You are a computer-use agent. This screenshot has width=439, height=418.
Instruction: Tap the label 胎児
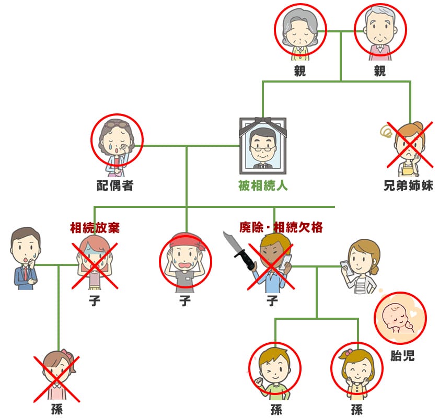402,356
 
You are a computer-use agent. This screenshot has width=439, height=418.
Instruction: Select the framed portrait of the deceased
262,146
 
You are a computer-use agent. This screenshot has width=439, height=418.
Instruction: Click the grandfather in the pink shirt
380,31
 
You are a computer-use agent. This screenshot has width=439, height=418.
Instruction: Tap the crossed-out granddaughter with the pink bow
57,376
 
